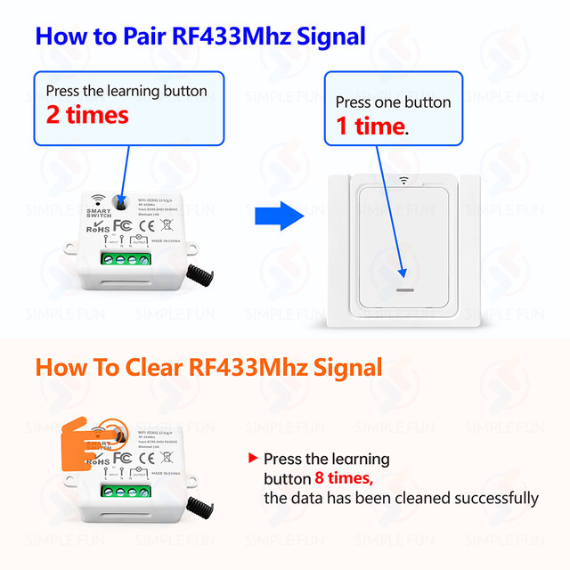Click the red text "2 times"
[87, 115]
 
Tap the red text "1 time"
[370, 126]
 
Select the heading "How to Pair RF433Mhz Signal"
[200, 37]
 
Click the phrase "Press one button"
[393, 102]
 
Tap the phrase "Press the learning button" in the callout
[126, 91]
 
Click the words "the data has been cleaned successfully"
[401, 498]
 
